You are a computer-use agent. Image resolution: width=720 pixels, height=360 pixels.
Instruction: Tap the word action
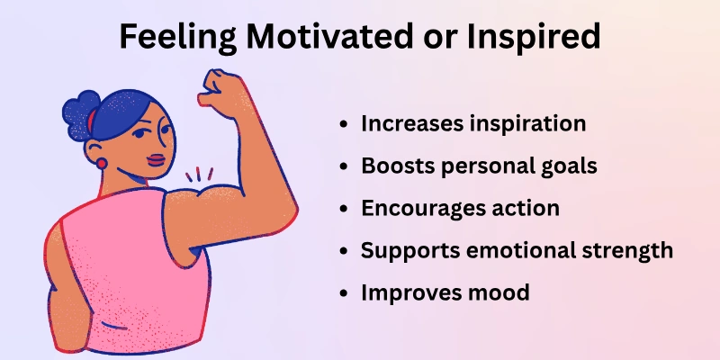(x=531, y=208)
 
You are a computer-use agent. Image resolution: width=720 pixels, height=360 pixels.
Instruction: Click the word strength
(x=627, y=250)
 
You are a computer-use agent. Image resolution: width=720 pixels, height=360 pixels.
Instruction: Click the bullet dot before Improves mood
(x=346, y=293)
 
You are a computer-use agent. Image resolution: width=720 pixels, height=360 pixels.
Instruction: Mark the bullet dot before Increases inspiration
(x=346, y=125)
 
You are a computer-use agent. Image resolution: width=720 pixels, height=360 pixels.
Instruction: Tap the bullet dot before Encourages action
(x=346, y=209)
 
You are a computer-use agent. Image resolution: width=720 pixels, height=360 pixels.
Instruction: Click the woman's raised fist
(x=220, y=85)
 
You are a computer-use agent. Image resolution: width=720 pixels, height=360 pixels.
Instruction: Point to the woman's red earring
(x=101, y=164)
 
